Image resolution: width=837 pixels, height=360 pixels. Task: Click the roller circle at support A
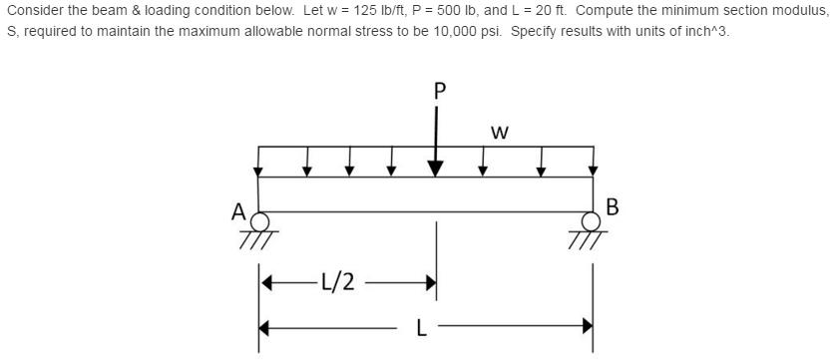coord(259,220)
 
